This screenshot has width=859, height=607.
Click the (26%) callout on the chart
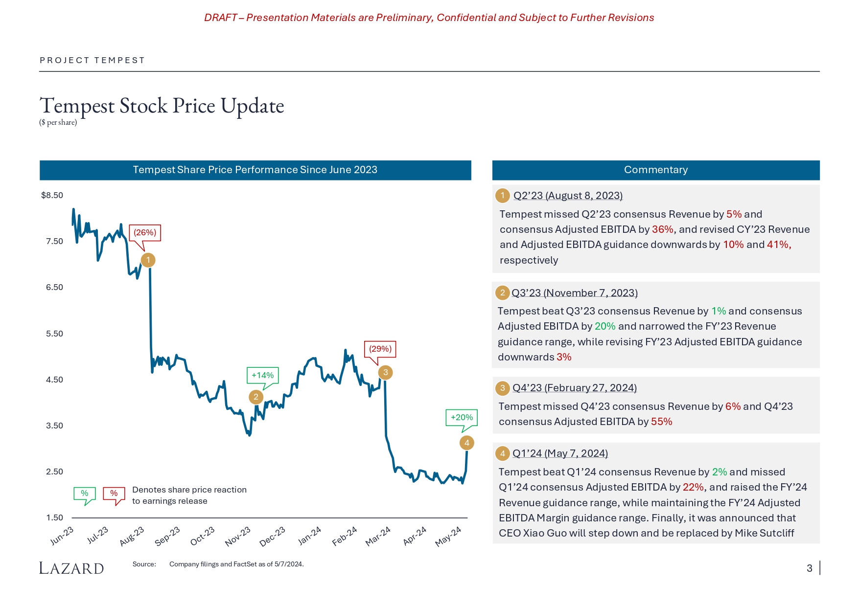pyautogui.click(x=145, y=233)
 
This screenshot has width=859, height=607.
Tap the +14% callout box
pyautogui.click(x=262, y=376)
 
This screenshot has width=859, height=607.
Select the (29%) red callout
pyautogui.click(x=380, y=349)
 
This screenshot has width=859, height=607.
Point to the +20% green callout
pyautogui.click(x=462, y=418)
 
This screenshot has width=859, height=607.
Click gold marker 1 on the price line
pyautogui.click(x=148, y=260)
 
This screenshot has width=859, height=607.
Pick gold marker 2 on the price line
pyautogui.click(x=255, y=397)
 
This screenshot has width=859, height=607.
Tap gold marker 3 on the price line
pyautogui.click(x=386, y=373)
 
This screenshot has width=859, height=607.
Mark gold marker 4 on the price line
pyautogui.click(x=467, y=443)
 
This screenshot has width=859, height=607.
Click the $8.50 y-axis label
pyautogui.click(x=52, y=196)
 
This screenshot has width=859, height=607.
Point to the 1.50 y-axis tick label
pyautogui.click(x=54, y=518)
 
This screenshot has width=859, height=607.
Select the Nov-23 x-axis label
pyautogui.click(x=238, y=537)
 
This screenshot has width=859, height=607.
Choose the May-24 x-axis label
pyautogui.click(x=448, y=537)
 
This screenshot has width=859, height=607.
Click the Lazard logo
pyautogui.click(x=71, y=568)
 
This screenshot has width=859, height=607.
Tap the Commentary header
pyautogui.click(x=656, y=170)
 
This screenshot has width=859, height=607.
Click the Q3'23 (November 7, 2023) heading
pyautogui.click(x=574, y=293)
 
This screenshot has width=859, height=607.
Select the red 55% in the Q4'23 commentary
pyautogui.click(x=661, y=422)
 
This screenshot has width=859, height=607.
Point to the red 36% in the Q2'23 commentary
pyautogui.click(x=662, y=229)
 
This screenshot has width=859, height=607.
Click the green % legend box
pyautogui.click(x=85, y=494)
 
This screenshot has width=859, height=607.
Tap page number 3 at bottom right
pyautogui.click(x=810, y=568)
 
